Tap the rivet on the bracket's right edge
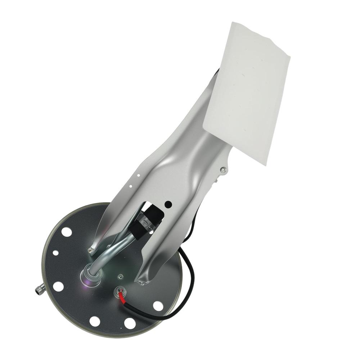point(224,169)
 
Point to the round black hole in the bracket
point(168,204)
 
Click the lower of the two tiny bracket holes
point(131,186)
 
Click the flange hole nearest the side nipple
point(58,287)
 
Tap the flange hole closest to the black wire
point(157,306)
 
